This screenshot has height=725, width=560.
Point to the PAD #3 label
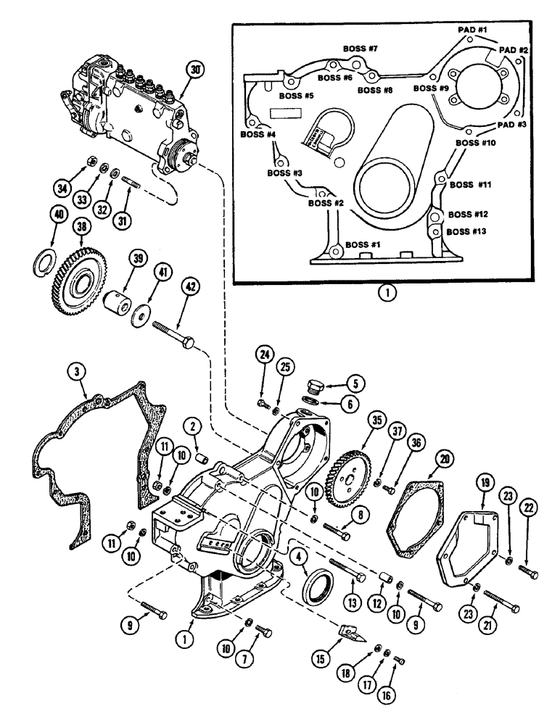click(x=512, y=125)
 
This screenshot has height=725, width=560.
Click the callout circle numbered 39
click(x=135, y=260)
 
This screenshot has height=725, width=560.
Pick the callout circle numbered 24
click(x=264, y=355)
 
